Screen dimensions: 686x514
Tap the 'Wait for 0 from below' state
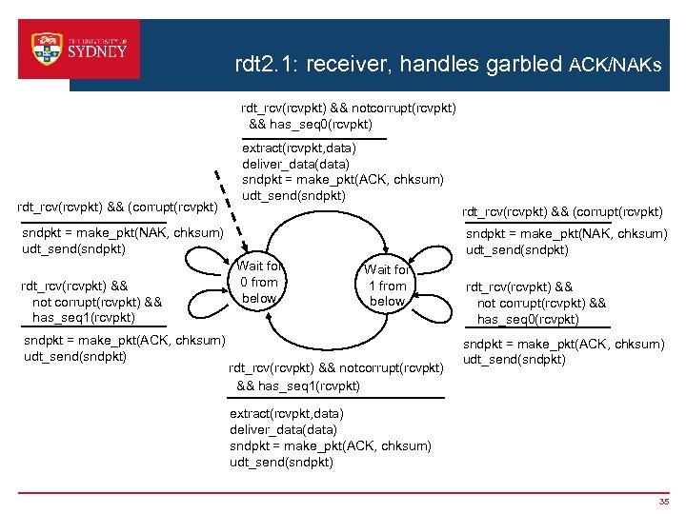coord(259,283)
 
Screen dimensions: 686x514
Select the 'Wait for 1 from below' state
coord(386,286)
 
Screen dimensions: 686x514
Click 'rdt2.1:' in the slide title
coord(266,66)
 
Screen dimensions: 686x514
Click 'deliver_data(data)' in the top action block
coord(295,164)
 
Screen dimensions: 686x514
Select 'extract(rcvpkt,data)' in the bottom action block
coord(287,414)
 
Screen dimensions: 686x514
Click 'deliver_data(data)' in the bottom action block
coord(283,430)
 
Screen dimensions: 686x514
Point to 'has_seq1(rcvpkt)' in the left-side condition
coord(84,318)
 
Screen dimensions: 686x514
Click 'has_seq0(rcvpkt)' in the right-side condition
coord(528,320)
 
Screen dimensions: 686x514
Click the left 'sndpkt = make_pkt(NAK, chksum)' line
coord(122,233)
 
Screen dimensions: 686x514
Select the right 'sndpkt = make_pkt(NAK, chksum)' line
coord(566,234)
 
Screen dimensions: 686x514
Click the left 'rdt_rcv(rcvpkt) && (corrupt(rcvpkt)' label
coord(118,207)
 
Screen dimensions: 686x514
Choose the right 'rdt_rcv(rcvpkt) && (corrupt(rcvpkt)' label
coord(562,211)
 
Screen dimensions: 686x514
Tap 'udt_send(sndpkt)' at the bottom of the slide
coord(281,463)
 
